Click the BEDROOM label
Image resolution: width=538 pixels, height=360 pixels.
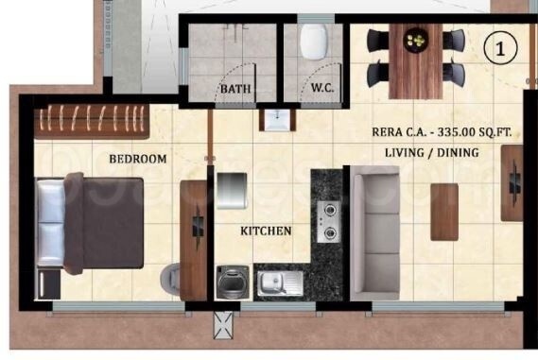(x=137, y=159)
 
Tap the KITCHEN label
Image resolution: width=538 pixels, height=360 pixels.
(x=265, y=231)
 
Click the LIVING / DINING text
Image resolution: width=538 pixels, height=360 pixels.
(x=432, y=152)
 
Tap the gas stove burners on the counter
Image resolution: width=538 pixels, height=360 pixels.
(x=329, y=220)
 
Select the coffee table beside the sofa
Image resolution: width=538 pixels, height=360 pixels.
(x=444, y=211)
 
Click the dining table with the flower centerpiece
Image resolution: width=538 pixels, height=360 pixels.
(x=415, y=57)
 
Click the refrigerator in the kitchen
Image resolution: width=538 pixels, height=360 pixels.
(x=231, y=190)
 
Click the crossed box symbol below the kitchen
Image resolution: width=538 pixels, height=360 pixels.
(x=225, y=324)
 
